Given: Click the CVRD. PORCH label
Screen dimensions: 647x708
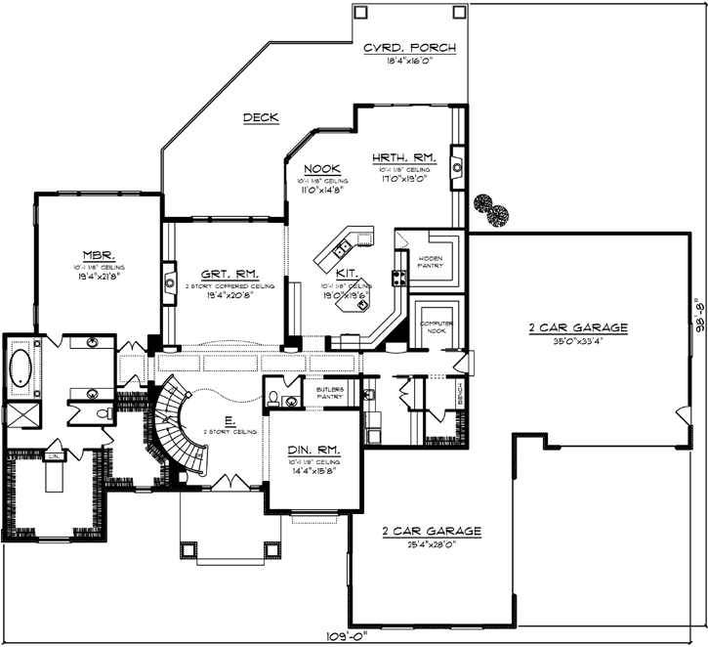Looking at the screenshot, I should pyautogui.click(x=409, y=48).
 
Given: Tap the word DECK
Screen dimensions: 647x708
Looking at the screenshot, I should pyautogui.click(x=261, y=118).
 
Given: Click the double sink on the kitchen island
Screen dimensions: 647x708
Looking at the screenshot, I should pyautogui.click(x=354, y=239).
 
